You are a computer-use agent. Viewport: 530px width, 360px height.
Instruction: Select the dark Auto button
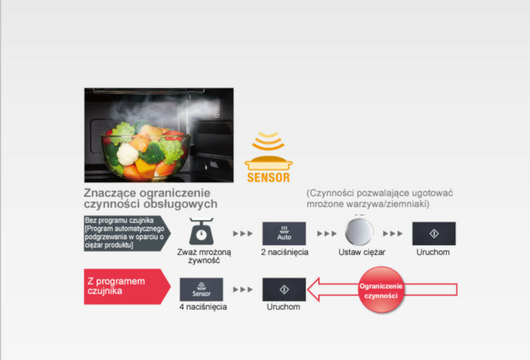284,233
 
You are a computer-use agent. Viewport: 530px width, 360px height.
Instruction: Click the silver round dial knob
359,232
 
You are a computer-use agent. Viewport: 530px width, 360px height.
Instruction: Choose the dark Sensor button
201,289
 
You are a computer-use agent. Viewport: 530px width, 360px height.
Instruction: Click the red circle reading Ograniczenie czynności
381,290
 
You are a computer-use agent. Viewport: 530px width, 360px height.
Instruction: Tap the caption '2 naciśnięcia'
285,252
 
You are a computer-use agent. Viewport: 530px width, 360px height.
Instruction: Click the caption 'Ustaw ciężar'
362,252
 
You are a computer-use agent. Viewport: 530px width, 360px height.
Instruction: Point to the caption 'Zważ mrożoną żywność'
204,256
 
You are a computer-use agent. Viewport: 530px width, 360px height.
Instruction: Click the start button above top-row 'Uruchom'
434,233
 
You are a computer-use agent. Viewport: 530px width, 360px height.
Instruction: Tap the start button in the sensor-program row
284,289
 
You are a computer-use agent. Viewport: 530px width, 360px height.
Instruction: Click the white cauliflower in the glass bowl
128,154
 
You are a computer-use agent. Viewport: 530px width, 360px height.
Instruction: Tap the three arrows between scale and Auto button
243,233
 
